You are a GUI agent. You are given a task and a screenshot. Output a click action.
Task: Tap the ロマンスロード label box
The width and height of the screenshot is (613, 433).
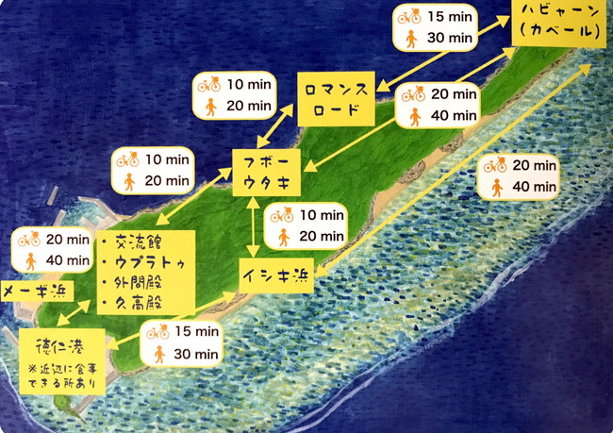click(337, 98)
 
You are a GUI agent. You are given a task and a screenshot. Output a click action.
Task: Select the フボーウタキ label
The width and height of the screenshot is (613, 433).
click(266, 171)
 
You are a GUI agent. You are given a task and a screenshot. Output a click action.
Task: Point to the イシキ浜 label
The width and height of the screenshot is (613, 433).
click(275, 275)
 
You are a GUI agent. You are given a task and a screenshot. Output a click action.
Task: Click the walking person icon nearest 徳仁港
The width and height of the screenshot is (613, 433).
click(158, 354)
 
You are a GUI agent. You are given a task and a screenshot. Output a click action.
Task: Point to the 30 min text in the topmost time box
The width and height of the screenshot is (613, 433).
click(450, 38)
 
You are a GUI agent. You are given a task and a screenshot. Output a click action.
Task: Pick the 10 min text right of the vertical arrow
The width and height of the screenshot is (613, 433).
click(322, 216)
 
